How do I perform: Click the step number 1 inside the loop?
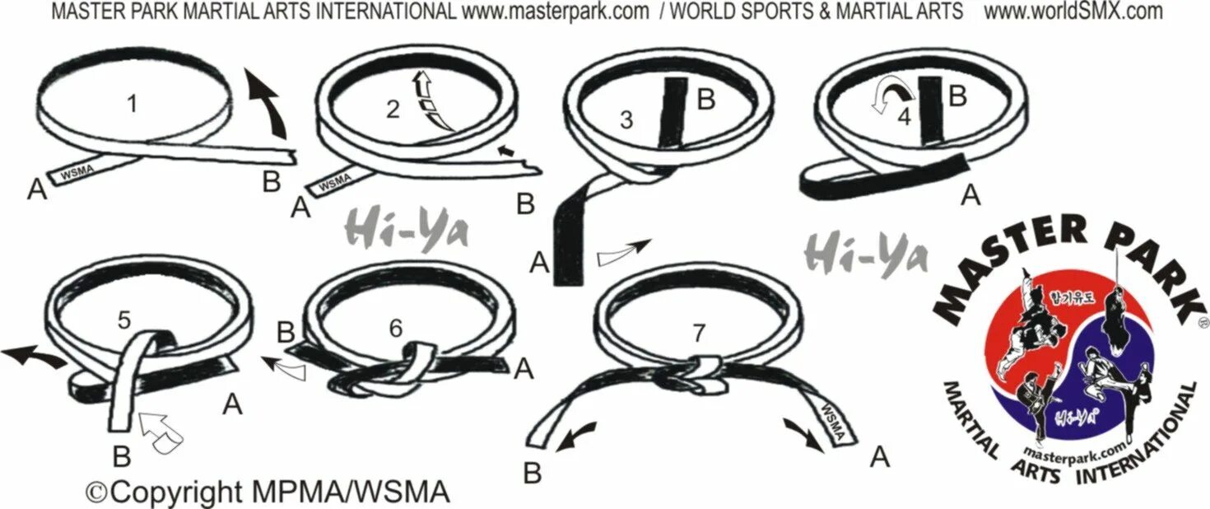(132, 105)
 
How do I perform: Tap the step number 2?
(393, 108)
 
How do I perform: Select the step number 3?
(626, 120)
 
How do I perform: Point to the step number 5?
(123, 320)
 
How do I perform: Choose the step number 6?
(396, 328)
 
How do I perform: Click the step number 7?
(699, 333)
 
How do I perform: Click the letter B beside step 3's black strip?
(707, 100)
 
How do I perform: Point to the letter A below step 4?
(971, 194)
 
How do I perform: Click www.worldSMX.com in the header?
(1073, 12)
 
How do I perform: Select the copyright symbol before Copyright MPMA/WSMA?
(97, 492)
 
